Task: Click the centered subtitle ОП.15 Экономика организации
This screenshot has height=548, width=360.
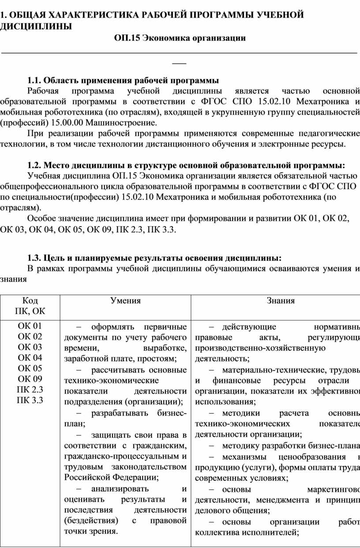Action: tap(179, 38)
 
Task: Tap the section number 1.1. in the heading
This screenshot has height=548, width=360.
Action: tap(35, 80)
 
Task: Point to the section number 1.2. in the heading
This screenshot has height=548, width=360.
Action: tap(35, 165)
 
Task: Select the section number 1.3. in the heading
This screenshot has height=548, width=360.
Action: tap(35, 257)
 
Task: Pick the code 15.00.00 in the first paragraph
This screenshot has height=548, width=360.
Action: tap(67, 123)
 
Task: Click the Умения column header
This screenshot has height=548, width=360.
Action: tap(126, 301)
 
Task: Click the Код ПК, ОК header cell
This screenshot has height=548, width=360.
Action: tap(30, 306)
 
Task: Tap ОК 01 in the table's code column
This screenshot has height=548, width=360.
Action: tap(30, 326)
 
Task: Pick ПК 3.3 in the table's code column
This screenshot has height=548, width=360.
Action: tap(30, 400)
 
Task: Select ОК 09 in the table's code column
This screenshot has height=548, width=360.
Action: tap(30, 379)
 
